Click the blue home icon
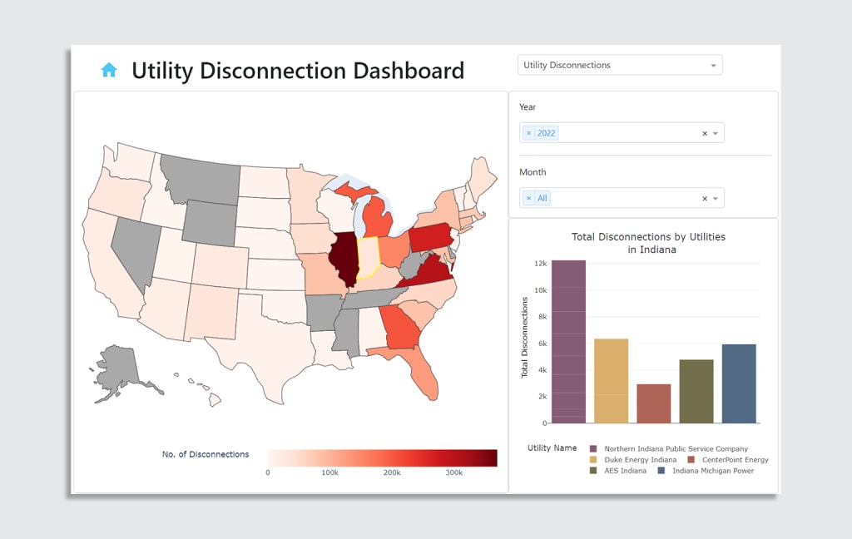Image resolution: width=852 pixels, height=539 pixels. (109, 70)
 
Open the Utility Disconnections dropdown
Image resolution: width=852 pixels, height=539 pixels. (620, 65)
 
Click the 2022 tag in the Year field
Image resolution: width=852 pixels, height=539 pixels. (546, 133)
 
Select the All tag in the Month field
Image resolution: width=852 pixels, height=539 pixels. (542, 198)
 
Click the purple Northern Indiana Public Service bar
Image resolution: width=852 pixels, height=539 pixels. (568, 341)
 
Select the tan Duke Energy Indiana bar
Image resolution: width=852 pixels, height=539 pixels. (611, 380)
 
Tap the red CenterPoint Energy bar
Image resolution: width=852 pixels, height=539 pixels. (653, 403)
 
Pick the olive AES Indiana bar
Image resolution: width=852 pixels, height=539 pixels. (696, 391)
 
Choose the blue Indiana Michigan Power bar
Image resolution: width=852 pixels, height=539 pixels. (739, 383)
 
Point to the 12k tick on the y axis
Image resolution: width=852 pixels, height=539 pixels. (540, 264)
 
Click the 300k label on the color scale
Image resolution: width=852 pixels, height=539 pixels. (453, 472)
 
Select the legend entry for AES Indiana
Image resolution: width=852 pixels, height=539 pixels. (624, 471)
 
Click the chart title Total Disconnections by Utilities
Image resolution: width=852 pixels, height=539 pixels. (648, 237)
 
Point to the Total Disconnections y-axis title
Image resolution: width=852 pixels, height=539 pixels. (525, 337)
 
